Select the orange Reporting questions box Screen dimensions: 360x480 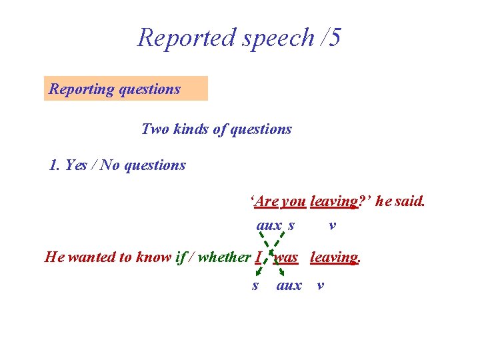[x=126, y=89]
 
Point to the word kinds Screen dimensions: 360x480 [x=190, y=129]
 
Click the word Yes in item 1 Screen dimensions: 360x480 [x=79, y=165]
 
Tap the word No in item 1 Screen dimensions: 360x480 [x=111, y=165]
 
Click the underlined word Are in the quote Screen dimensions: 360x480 [x=267, y=201]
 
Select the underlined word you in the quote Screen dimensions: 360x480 [x=294, y=201]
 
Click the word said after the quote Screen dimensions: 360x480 [x=409, y=201]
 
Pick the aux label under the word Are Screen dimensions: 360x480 [x=269, y=226]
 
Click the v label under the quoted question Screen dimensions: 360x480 [x=332, y=226]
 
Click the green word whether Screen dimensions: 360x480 [x=225, y=257]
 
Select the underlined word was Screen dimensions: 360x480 [x=286, y=257]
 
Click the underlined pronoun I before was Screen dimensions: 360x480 [x=258, y=257]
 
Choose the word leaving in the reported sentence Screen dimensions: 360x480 [x=335, y=257]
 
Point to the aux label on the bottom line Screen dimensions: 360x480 [x=289, y=286]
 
